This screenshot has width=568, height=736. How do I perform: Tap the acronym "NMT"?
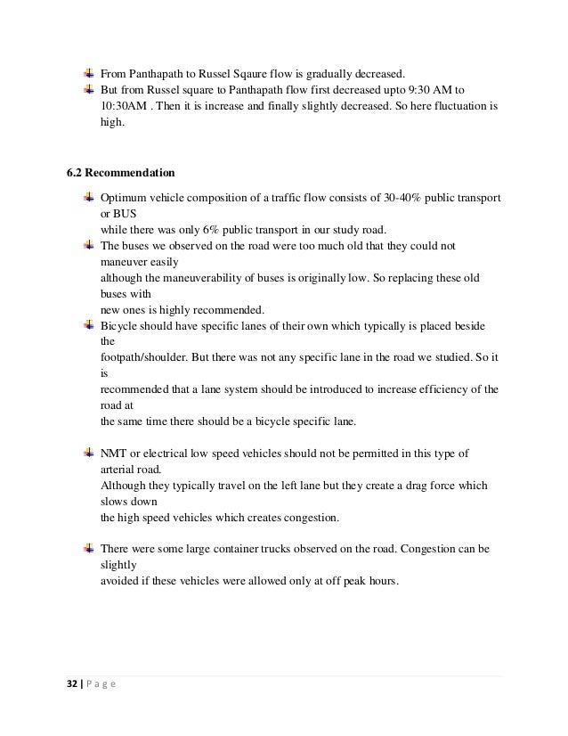[113, 454]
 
